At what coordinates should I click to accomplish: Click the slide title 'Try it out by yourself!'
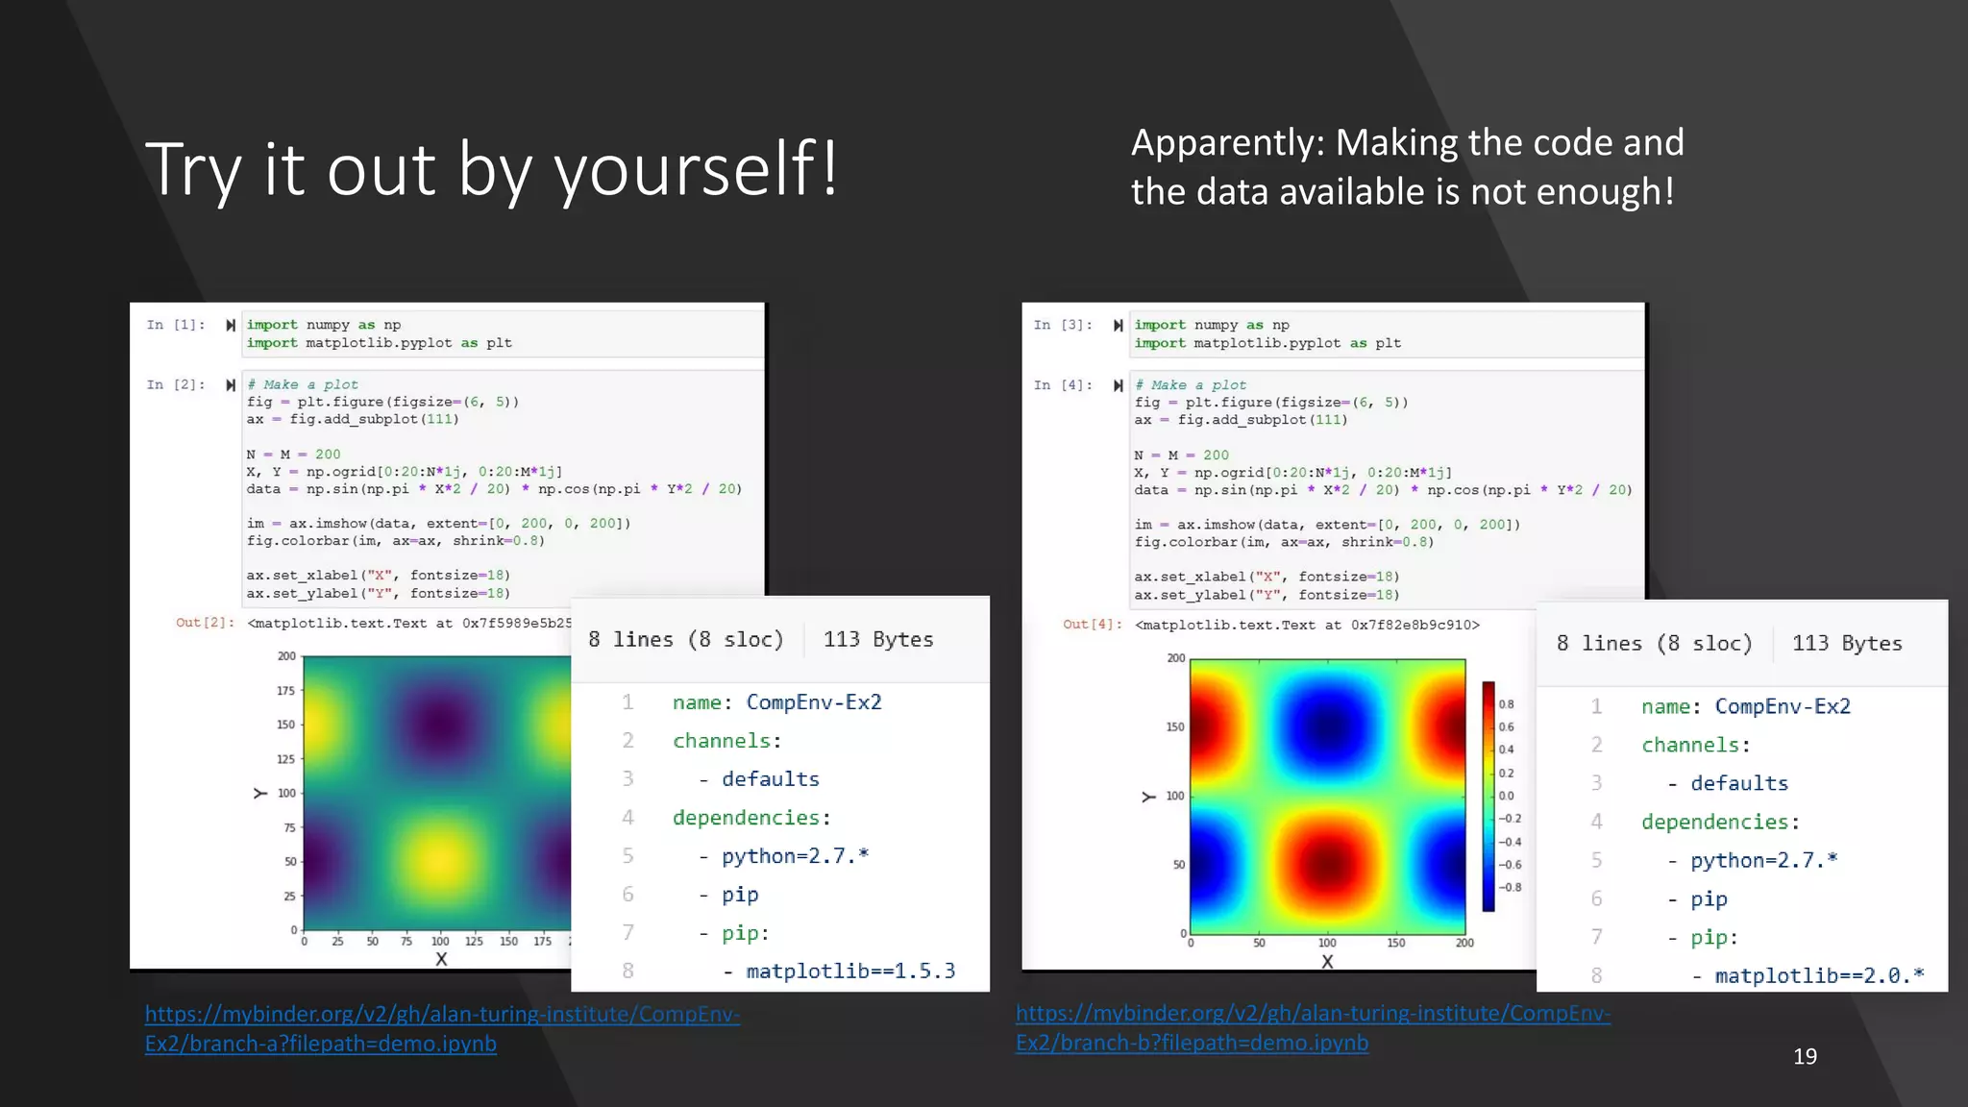492,169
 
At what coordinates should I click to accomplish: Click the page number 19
1805,1056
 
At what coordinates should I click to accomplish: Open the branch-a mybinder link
442,1028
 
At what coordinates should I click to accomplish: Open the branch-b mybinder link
1313,1027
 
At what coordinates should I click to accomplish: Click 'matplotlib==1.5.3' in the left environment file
850,971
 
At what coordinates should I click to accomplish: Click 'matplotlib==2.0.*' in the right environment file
1819,975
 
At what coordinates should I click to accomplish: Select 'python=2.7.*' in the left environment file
795,855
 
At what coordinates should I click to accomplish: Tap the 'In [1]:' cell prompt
176,325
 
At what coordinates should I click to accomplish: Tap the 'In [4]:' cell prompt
1064,385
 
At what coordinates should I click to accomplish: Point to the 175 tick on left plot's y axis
286,690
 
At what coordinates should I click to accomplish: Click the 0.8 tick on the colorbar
1506,704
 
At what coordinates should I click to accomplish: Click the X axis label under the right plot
1327,961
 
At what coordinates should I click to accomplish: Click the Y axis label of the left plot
260,793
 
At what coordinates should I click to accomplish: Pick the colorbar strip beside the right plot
1488,796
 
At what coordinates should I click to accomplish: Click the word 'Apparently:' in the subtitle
1228,143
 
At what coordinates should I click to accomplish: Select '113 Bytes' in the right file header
1846,643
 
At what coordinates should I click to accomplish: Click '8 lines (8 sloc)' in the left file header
685,639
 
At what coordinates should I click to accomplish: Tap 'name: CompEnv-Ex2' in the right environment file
1745,706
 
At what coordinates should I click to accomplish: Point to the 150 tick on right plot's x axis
1395,943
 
